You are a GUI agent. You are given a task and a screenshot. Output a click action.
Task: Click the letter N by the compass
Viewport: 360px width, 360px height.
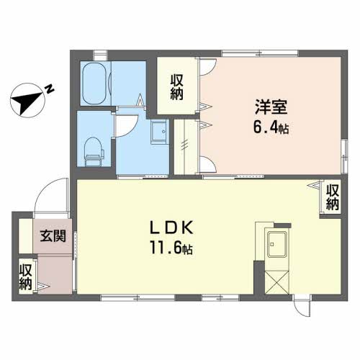(x=50, y=89)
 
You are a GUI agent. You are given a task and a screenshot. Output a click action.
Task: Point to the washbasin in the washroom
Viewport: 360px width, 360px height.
(x=158, y=132)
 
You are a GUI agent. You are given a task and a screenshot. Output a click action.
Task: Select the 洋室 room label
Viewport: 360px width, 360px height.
(x=271, y=108)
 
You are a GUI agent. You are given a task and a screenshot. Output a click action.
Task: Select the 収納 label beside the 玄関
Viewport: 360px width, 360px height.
(x=25, y=277)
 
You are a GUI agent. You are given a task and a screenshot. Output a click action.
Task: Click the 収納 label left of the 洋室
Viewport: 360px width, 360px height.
(x=178, y=87)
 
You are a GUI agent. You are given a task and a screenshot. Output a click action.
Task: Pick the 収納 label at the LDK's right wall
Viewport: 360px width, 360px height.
(x=332, y=197)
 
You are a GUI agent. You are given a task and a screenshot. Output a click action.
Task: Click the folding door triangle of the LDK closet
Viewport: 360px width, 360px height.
(x=318, y=186)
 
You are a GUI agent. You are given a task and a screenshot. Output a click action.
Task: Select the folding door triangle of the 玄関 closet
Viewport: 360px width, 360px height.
(x=40, y=287)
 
